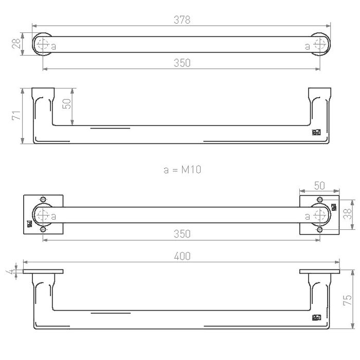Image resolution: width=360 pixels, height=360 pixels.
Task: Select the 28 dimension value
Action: point(15,44)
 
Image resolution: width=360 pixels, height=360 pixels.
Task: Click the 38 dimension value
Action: point(348,213)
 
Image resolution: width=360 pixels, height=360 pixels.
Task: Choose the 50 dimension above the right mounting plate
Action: point(320,185)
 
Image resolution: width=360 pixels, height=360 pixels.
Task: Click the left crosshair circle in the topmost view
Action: point(43,44)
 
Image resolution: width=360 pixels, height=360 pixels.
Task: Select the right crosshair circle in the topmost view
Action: point(320,44)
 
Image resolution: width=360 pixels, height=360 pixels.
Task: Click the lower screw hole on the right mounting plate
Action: point(320,230)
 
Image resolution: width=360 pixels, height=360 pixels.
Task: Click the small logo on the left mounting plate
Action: point(29,224)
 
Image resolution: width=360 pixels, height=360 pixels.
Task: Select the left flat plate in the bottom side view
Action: point(43,271)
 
